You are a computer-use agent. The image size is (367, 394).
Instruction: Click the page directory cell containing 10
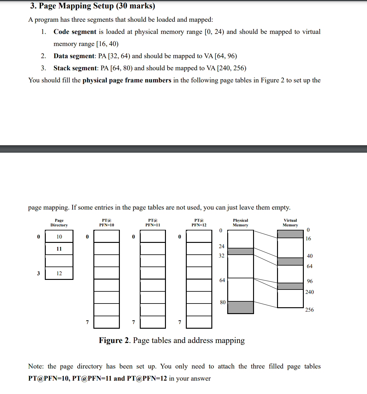[59, 237]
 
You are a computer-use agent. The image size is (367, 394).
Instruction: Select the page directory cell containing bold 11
[59, 249]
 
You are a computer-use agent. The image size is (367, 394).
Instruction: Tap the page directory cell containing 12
[59, 273]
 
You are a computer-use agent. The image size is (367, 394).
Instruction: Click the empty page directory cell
[59, 261]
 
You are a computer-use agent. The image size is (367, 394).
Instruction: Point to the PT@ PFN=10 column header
[106, 223]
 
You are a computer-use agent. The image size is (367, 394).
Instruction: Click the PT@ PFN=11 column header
[153, 223]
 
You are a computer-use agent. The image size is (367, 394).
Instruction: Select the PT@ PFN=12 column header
[199, 223]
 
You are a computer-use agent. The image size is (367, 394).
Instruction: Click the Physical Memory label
[240, 223]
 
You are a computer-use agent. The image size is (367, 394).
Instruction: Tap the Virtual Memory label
[290, 223]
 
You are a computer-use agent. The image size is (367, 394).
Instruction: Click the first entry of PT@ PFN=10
[106, 236]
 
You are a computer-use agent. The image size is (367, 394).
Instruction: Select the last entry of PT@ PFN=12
[199, 322]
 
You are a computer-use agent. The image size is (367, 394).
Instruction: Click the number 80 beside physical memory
[223, 302]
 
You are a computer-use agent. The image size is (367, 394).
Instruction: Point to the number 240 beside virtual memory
[309, 292]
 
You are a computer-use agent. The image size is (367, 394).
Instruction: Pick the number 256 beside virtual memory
[309, 310]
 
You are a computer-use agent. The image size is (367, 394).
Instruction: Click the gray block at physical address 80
[240, 307]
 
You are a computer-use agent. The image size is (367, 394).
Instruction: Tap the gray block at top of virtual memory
[290, 234]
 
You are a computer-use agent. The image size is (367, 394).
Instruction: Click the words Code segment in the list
[75, 32]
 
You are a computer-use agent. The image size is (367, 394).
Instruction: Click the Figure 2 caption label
[114, 341]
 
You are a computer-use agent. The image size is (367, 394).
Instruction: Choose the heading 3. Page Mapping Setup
[92, 6]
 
